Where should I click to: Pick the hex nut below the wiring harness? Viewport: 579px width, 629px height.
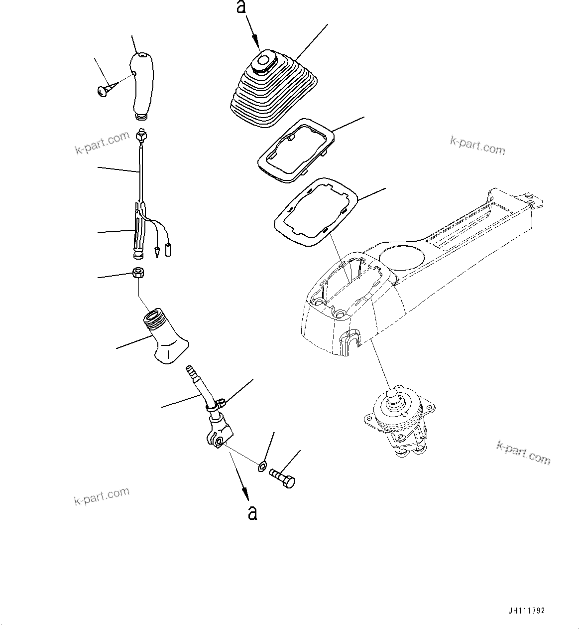[138, 273]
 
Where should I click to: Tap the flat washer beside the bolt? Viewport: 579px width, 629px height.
[261, 467]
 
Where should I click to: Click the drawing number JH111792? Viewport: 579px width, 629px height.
[527, 611]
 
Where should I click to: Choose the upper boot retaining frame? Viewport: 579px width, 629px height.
[296, 151]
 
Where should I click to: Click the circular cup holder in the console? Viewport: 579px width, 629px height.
[402, 257]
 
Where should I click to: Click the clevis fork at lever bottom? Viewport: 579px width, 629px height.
[218, 434]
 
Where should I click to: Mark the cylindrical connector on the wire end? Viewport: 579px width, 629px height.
[168, 249]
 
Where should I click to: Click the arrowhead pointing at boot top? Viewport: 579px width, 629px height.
[256, 44]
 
